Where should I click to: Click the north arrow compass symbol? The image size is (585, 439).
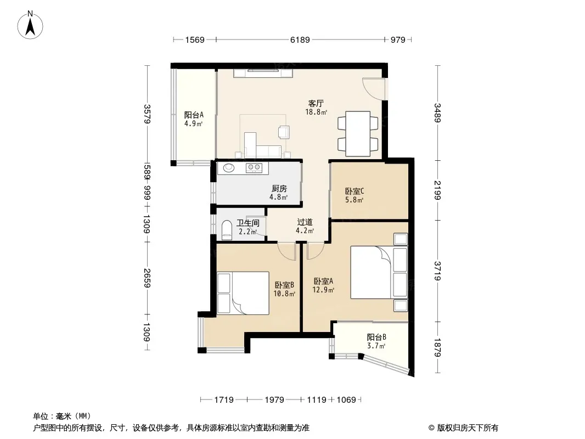30,25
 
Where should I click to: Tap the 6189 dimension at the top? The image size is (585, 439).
300,40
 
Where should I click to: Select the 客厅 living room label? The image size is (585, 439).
316,103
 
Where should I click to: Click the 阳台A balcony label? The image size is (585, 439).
194,115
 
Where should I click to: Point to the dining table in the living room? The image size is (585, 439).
358,133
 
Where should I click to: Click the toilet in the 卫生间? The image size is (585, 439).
227,230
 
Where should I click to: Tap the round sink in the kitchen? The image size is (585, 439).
229,168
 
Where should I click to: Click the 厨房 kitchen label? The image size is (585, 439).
279,189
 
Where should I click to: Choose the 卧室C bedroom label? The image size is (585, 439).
355,192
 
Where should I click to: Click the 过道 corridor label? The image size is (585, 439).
305,222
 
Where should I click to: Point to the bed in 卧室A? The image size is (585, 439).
379,272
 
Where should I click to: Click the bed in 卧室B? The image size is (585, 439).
243,293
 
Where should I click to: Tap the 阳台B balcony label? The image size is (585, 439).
376,337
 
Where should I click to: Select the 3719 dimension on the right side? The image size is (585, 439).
437,271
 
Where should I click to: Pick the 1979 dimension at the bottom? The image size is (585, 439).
274,400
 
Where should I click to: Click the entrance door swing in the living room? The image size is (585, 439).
374,88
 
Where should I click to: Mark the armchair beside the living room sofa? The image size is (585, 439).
284,132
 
